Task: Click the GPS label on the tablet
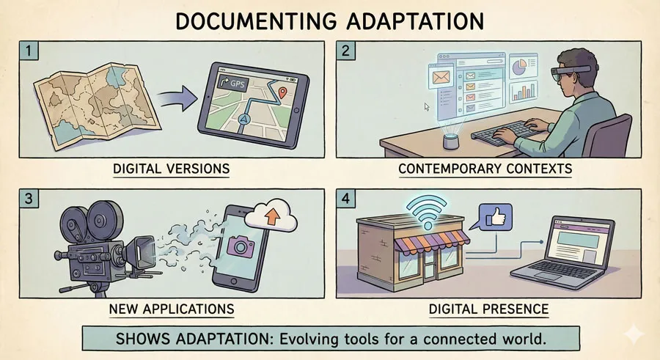(x=232, y=83)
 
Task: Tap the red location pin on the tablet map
(x=282, y=92)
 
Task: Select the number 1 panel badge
(x=29, y=51)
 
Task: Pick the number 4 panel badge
(x=345, y=198)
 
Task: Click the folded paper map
(x=97, y=106)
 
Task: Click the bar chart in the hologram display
(x=524, y=92)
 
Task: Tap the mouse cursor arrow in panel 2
(x=427, y=107)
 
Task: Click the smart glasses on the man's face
(x=571, y=72)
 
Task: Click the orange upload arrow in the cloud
(x=272, y=216)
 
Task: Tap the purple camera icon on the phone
(x=241, y=246)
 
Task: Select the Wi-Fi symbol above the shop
(x=428, y=210)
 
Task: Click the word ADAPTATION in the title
(x=415, y=21)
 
